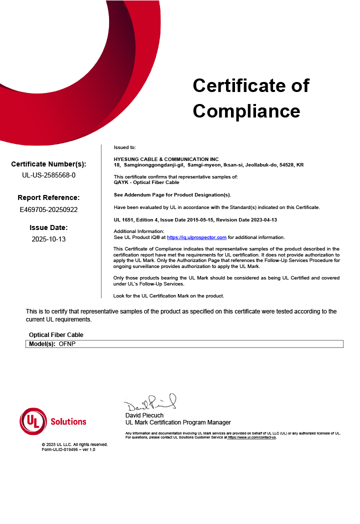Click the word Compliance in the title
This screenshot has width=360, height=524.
[x=246, y=110]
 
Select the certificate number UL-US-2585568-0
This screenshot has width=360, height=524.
[x=49, y=175]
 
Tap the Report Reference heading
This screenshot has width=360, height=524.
[x=48, y=197]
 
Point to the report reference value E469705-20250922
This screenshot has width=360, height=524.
[x=49, y=209]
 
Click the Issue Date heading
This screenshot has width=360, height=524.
[x=48, y=227]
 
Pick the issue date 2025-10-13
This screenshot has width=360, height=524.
[x=48, y=239]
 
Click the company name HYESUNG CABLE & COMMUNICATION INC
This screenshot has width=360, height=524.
[x=166, y=159]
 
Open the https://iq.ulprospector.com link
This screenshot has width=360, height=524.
[x=196, y=237]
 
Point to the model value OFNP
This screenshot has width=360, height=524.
[x=67, y=344]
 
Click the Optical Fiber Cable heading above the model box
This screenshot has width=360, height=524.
[x=56, y=335]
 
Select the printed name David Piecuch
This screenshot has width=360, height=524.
[x=144, y=415]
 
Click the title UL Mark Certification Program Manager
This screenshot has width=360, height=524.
[x=178, y=422]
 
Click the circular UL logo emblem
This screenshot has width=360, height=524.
[x=32, y=421]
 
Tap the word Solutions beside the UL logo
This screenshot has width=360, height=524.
[x=68, y=421]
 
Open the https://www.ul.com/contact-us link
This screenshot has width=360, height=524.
[x=251, y=437]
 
